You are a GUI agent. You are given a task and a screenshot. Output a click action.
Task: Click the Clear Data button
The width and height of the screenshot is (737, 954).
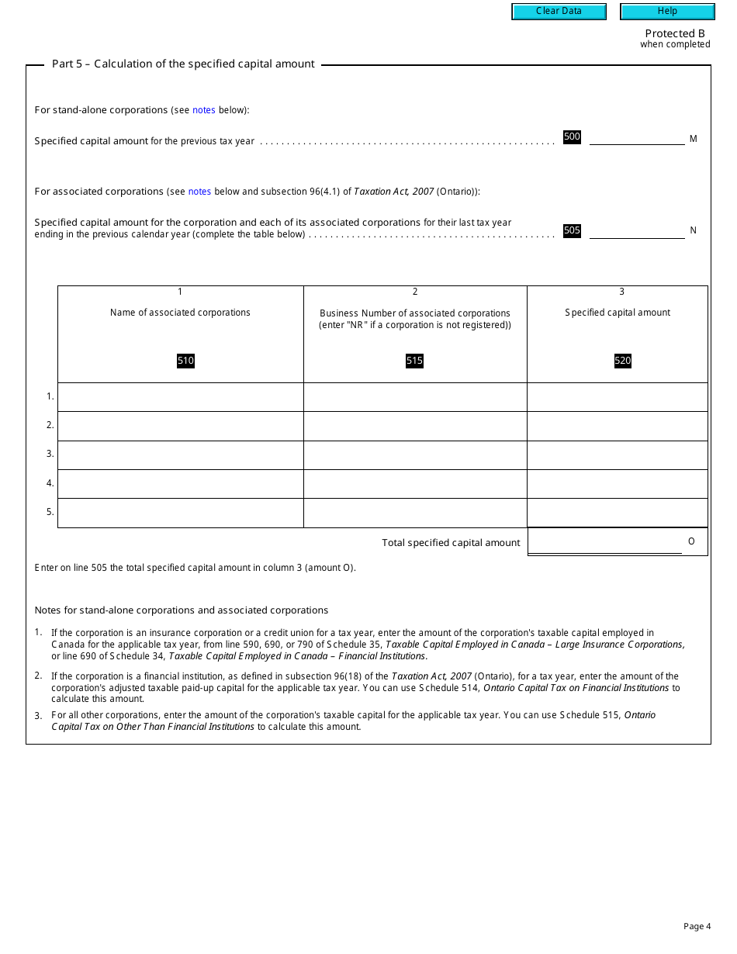click(x=559, y=12)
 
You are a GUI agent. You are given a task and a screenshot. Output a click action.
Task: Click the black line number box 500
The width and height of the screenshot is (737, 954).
click(x=572, y=137)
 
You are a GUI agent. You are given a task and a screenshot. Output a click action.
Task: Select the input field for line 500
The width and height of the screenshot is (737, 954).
click(x=637, y=137)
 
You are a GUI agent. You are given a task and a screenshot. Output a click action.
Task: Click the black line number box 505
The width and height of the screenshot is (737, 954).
click(x=572, y=230)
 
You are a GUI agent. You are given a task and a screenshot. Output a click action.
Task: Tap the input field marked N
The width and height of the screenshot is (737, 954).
click(x=637, y=230)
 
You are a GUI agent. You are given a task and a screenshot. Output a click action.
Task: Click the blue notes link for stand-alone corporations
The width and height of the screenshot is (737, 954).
click(x=204, y=110)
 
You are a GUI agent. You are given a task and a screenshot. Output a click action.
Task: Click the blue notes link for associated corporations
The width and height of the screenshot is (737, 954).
click(x=199, y=192)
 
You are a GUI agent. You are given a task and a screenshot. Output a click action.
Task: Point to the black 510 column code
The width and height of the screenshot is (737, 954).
click(x=185, y=361)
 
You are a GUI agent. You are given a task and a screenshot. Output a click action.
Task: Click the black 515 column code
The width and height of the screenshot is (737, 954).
click(x=415, y=361)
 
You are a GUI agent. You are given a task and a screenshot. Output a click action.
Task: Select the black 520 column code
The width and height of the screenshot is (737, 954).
click(x=623, y=361)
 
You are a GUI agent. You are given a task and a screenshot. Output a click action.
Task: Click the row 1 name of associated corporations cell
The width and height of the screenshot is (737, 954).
click(x=180, y=397)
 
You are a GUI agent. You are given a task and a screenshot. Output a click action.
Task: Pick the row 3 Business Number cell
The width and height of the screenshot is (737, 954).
click(x=415, y=455)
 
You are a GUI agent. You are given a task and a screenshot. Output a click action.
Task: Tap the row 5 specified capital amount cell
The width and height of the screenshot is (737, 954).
click(x=618, y=513)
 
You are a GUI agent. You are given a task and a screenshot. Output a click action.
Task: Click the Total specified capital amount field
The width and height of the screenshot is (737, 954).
click(x=605, y=542)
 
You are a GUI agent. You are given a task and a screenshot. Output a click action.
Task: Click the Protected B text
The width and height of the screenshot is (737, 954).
click(x=675, y=33)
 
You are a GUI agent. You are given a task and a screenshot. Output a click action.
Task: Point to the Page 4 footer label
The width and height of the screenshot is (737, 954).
click(x=697, y=926)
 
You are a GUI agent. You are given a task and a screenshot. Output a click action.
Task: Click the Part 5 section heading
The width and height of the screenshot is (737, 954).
click(x=183, y=64)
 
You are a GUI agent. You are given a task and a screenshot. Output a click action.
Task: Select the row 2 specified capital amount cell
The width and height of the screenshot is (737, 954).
click(x=618, y=426)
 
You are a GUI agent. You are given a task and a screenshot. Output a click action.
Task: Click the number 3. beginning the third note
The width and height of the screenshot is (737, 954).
click(x=38, y=715)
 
